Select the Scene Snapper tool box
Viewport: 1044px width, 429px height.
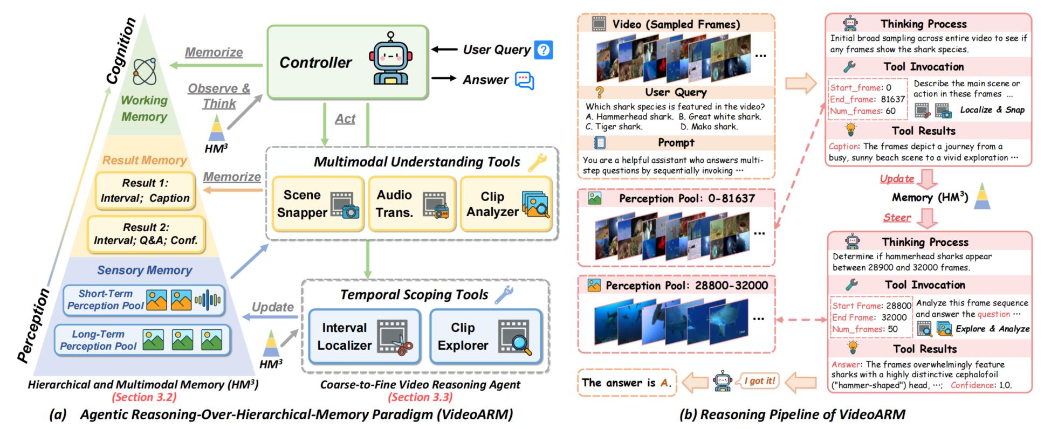click(318, 204)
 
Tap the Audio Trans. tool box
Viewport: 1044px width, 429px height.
click(412, 204)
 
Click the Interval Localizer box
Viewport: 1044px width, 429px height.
click(365, 336)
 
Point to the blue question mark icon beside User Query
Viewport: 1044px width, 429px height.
click(544, 50)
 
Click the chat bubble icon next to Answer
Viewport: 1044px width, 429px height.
click(524, 80)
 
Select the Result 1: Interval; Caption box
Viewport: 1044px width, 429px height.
click(145, 191)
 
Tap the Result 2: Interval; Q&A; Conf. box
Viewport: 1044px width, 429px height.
click(146, 233)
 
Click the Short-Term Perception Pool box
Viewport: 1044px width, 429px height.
click(144, 300)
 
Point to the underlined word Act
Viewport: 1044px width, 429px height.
click(345, 119)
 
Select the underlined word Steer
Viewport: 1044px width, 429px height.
click(897, 217)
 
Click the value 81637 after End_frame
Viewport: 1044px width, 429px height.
click(892, 99)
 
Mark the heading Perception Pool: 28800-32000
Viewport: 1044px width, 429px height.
click(686, 286)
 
